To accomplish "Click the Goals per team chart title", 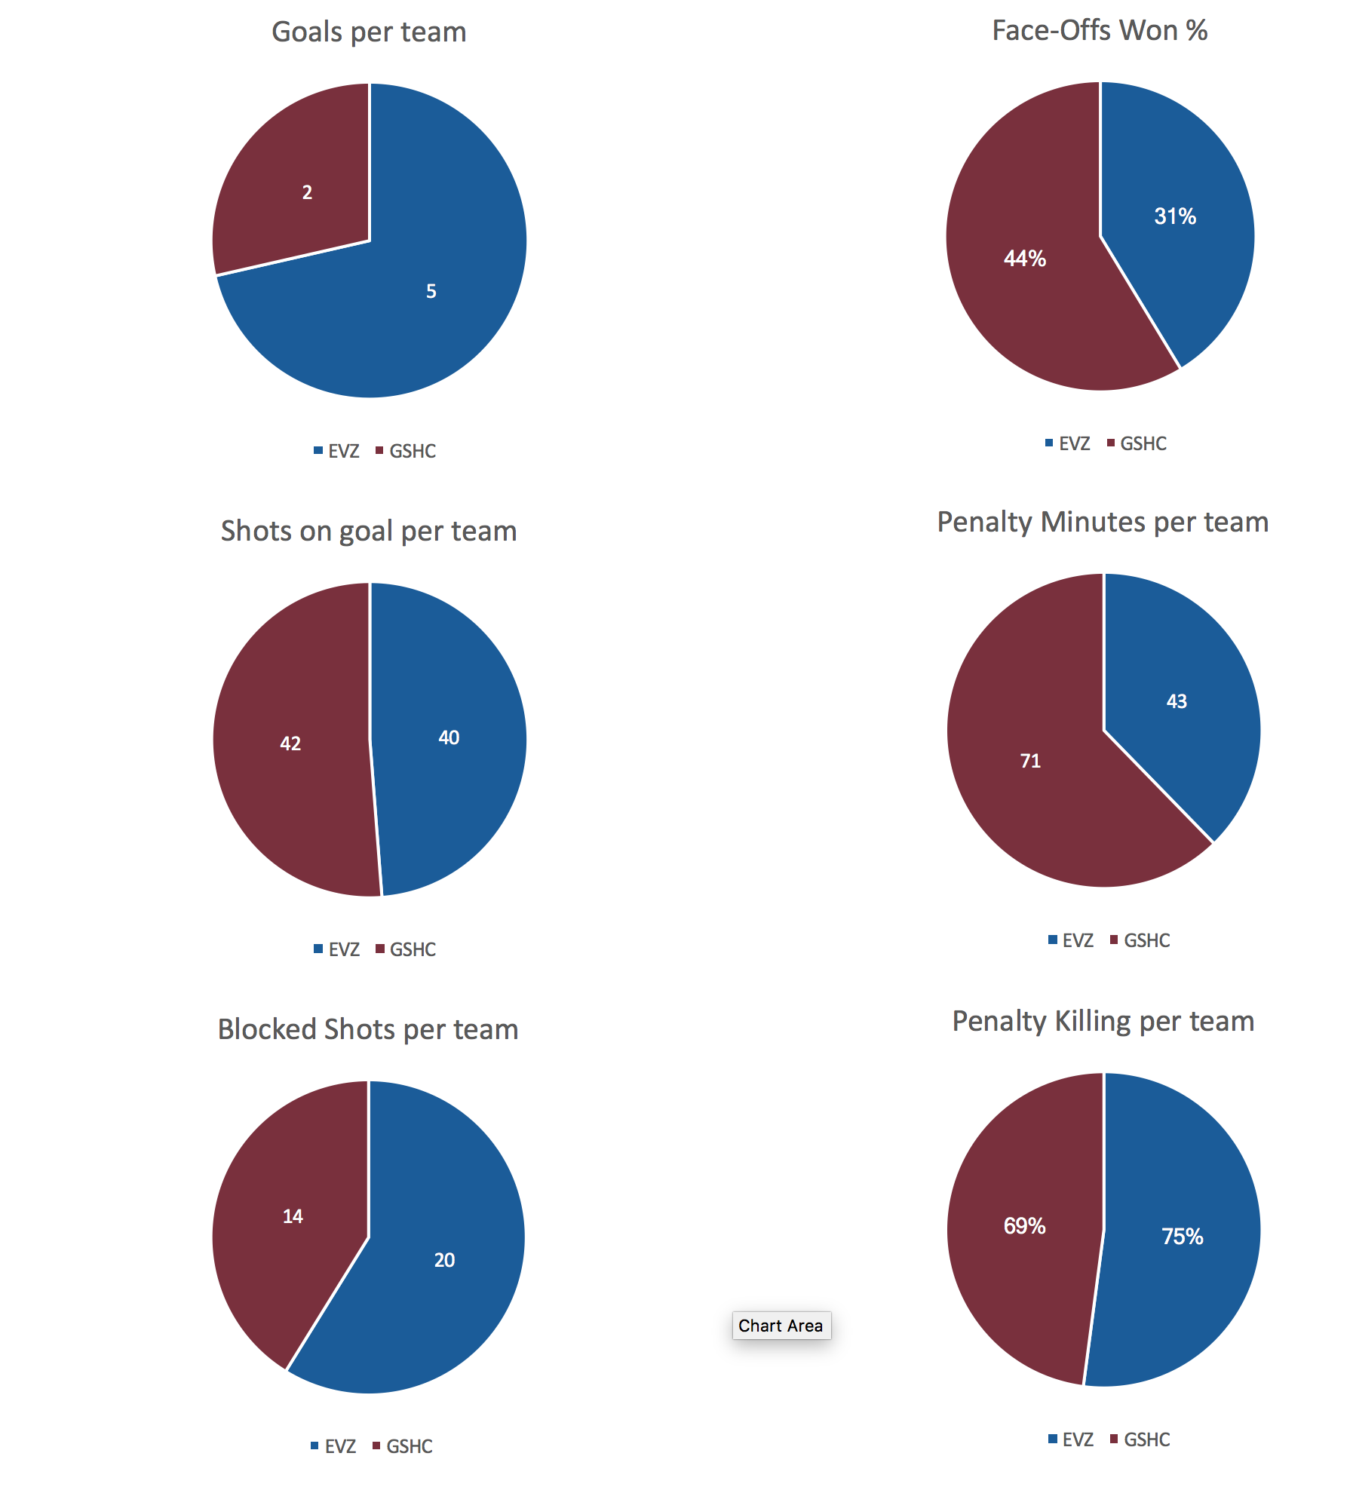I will (369, 32).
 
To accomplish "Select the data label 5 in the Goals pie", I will (431, 291).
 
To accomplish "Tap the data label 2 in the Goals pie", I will (307, 192).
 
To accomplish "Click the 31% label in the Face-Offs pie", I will (1174, 216).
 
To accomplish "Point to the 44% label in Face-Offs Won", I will (1024, 259).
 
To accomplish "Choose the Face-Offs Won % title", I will (1099, 31).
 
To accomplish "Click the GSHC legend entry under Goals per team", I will (407, 451).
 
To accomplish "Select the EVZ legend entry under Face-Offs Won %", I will (1068, 443).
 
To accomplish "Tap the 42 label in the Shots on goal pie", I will (290, 743).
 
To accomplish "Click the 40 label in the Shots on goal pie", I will (449, 737).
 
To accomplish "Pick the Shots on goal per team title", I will (369, 532).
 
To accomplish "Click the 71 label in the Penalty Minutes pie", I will (1030, 761).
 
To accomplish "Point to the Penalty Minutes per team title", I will (1103, 523).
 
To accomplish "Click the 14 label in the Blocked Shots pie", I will (293, 1216).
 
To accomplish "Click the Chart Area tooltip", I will (781, 1326).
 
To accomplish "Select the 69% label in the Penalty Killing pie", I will (1024, 1226).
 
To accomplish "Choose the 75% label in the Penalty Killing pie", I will (1182, 1237).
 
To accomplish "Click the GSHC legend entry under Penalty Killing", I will (1140, 1439).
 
